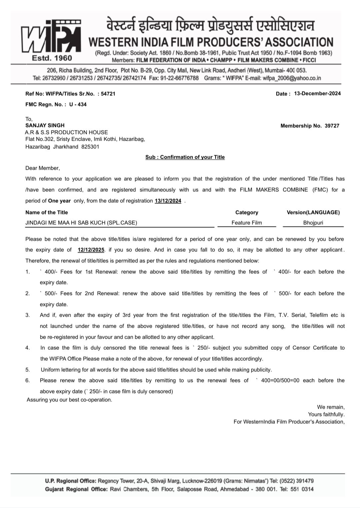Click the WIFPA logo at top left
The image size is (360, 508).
coord(51,37)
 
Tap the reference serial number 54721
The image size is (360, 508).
coord(108,94)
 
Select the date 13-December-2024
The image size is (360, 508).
coord(317,93)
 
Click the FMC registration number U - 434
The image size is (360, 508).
coord(78,104)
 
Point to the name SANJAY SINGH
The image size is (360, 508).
coord(45,125)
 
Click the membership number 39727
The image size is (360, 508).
coord(332,126)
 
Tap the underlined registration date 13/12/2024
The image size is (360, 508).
coord(168,201)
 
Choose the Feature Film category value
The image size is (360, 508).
coord(247,223)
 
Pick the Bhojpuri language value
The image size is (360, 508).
coord(313,223)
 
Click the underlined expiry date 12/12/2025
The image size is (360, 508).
coord(91,250)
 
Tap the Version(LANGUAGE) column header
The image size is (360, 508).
coord(313,212)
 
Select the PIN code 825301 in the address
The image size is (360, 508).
coord(90,147)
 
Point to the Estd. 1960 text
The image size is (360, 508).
coord(52,58)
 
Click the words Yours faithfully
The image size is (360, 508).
coord(326,414)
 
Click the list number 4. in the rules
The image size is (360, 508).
coord(28,348)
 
